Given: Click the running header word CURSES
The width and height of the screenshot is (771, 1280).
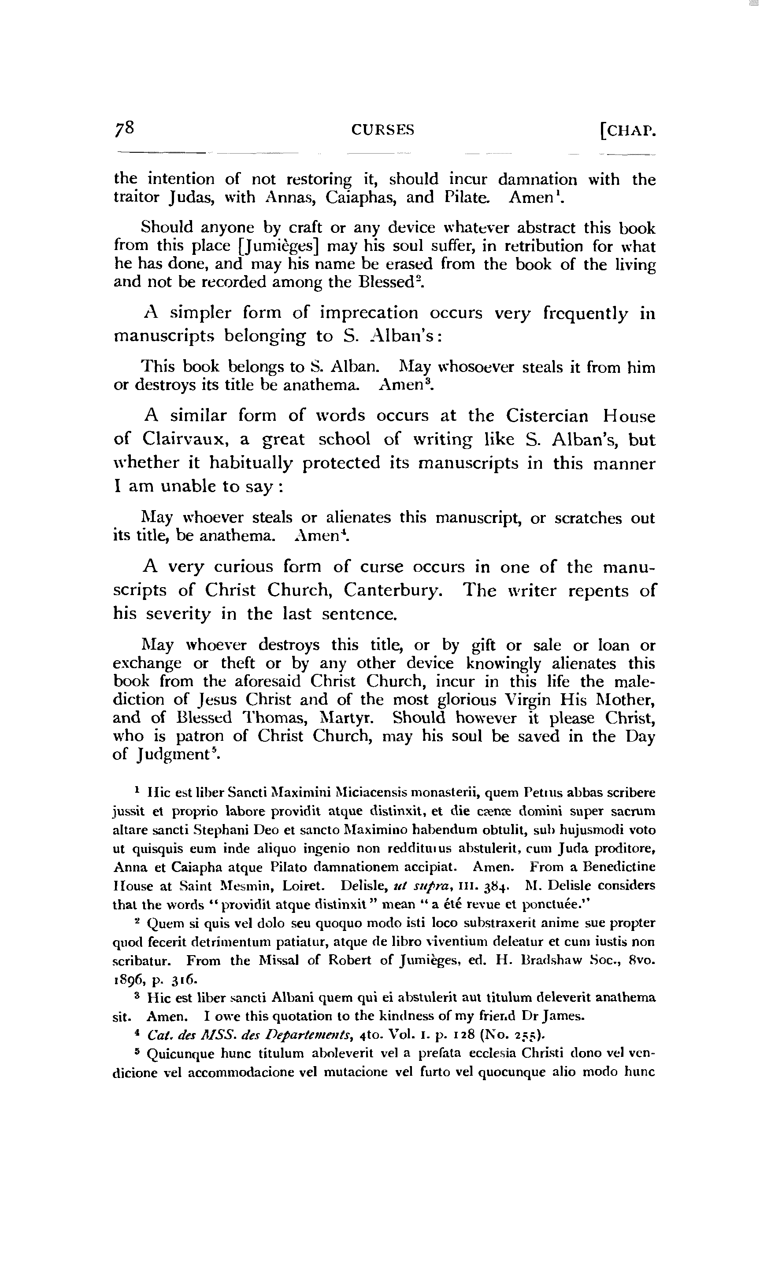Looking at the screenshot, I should [383, 130].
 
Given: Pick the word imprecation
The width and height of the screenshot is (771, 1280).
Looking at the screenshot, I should [368, 313].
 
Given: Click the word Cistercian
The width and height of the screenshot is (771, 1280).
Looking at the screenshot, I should [548, 416].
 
